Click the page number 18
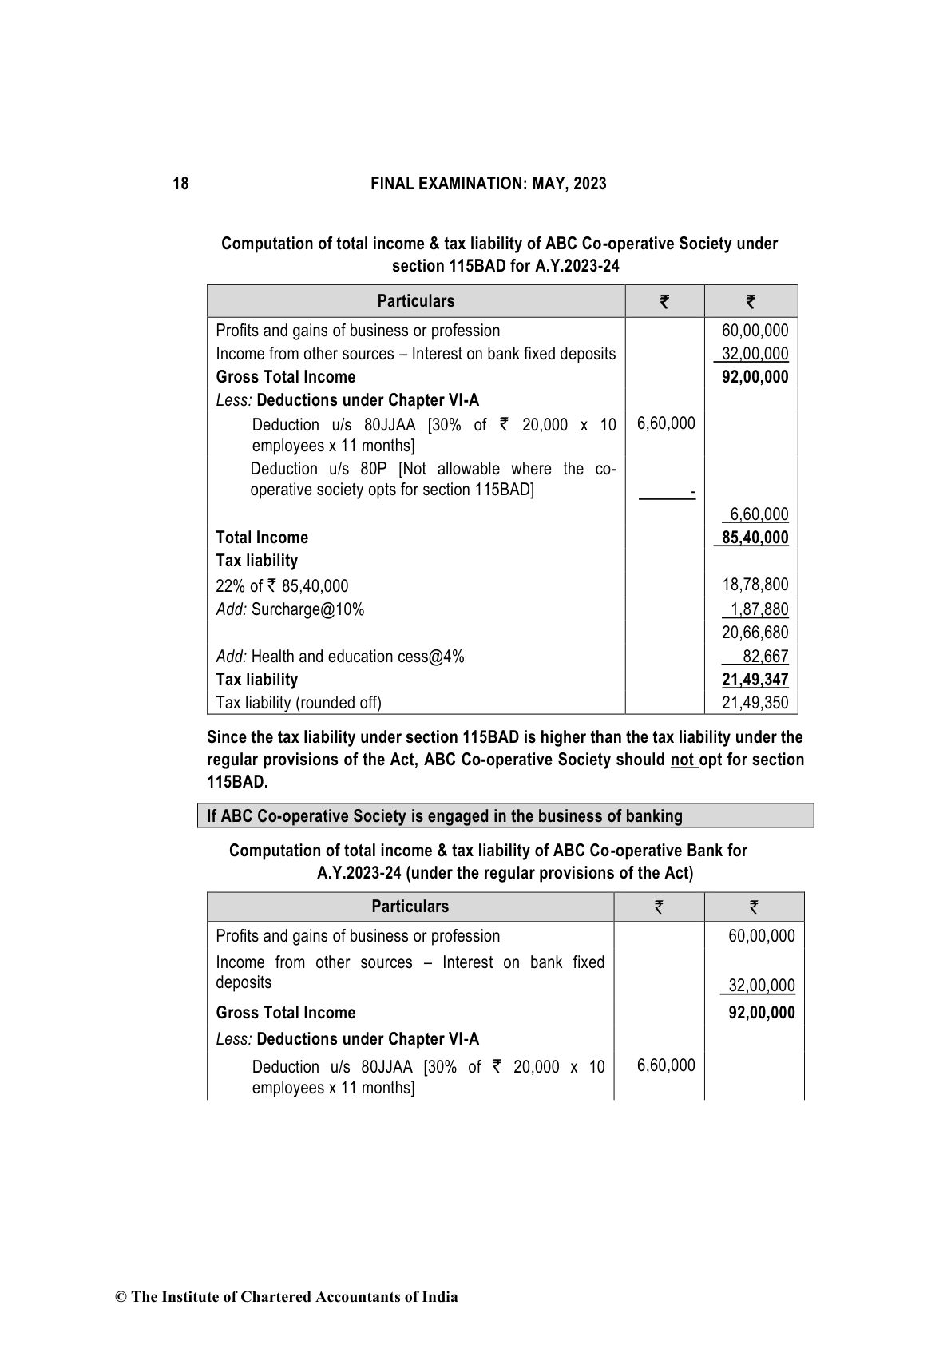[180, 184]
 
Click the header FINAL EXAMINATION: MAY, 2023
[489, 184]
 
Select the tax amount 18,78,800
[755, 585]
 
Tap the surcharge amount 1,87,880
[759, 609]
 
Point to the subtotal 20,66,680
[755, 633]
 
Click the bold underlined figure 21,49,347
[755, 680]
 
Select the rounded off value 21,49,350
[755, 703]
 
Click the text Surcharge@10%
[307, 609]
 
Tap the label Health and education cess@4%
[357, 657]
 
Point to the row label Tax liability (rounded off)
[299, 703]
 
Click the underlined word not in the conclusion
[683, 760]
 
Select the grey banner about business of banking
[505, 815]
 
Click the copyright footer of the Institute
[287, 1297]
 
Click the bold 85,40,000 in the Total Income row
[755, 538]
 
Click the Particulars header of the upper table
[415, 301]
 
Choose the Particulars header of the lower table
[410, 907]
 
